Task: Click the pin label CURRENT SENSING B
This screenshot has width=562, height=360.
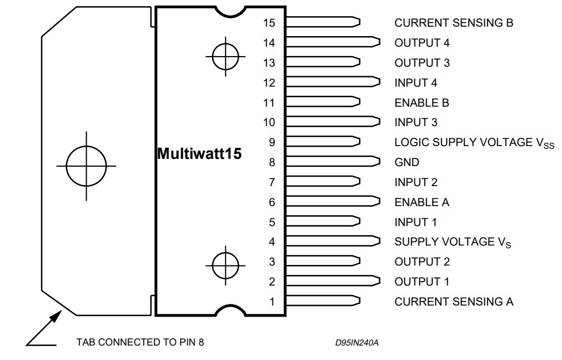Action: coord(454,23)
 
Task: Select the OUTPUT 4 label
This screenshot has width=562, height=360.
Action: coord(422,43)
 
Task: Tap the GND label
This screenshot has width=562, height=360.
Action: coord(407,162)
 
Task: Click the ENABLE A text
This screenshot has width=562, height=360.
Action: coord(422,202)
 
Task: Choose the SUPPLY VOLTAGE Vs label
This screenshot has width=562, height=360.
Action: coord(453,242)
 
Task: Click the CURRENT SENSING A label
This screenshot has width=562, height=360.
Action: coord(454,302)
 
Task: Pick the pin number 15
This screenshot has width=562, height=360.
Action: coord(269,23)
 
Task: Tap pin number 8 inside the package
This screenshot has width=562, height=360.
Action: coord(272,162)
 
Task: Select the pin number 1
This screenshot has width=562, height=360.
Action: coord(272,302)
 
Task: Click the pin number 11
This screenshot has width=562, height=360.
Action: coord(269,103)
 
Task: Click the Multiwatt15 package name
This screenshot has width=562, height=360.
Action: coord(199,153)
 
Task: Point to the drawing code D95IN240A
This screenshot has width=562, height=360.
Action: coord(357,343)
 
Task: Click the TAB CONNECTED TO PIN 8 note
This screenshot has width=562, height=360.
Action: coord(140,342)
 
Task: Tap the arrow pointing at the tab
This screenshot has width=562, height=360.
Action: coord(44,328)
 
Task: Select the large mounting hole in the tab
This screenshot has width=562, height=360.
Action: coord(87,146)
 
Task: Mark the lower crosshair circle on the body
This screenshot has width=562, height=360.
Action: coord(225,253)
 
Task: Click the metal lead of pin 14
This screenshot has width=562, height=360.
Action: coord(333,42)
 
